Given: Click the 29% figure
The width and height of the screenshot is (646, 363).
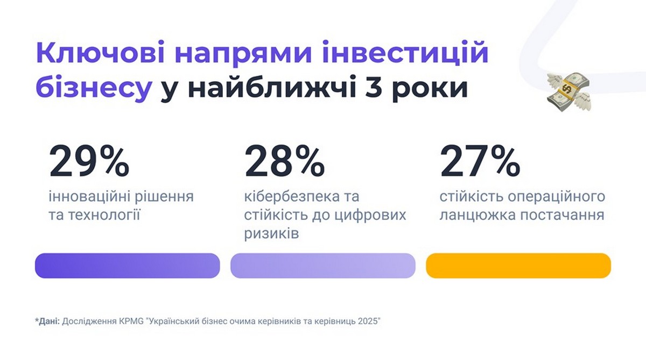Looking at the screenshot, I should pos(89,161).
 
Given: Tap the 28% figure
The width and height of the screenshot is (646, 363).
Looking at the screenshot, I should pos(285,161).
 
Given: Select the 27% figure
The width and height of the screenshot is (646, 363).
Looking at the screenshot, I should pos(480,161).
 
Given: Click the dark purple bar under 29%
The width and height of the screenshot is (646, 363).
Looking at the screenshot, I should pos(128,266).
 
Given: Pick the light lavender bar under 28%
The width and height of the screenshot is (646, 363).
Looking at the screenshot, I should pos(323,266).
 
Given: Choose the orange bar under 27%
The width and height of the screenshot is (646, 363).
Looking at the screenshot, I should pos(518,266).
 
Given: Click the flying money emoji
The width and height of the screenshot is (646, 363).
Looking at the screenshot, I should pos(568,91).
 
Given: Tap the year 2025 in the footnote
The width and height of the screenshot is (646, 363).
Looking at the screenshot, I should pos(369,322).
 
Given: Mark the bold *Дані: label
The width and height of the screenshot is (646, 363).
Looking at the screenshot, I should pos(47,322).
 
